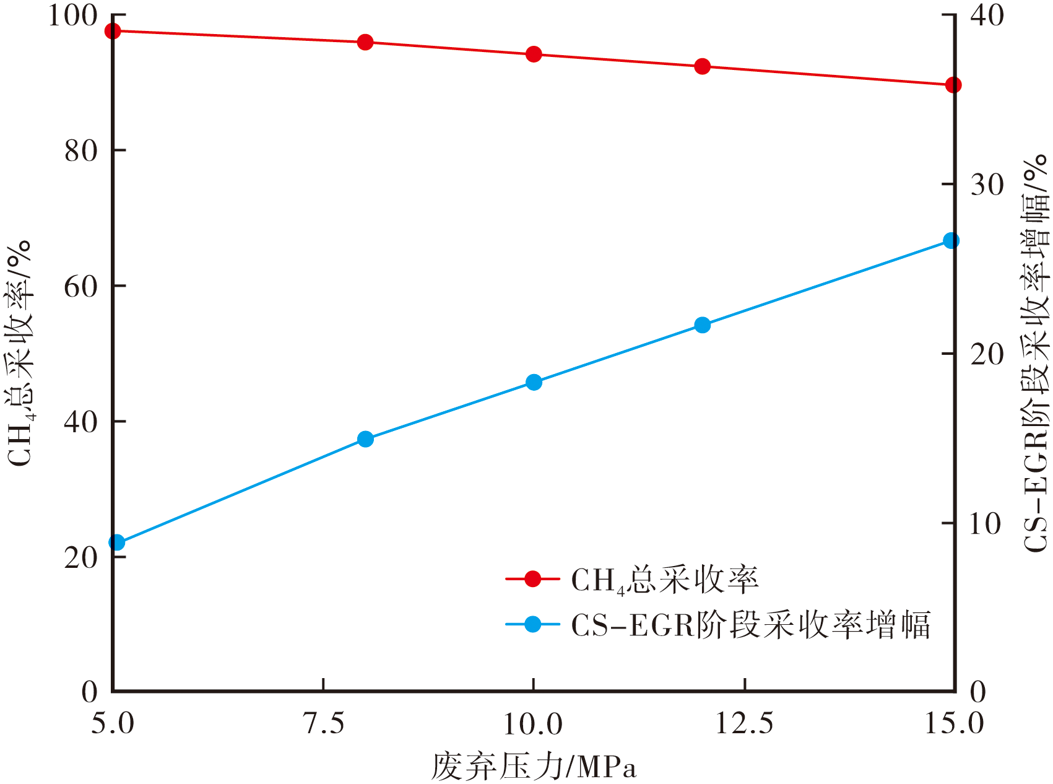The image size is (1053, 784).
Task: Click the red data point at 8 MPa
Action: [x=365, y=42]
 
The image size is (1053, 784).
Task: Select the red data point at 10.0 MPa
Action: [x=534, y=54]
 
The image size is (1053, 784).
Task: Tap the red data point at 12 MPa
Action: [x=702, y=66]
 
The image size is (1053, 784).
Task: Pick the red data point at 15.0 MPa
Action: [x=953, y=85]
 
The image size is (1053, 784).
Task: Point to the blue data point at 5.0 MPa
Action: [x=116, y=542]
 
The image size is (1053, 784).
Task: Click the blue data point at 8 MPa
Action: [x=365, y=439]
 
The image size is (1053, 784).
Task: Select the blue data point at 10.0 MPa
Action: [x=534, y=382]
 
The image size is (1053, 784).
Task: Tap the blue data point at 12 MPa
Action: [x=702, y=325]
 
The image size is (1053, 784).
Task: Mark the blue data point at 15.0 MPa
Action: [x=951, y=240]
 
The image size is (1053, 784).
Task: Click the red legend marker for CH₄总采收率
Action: [x=532, y=579]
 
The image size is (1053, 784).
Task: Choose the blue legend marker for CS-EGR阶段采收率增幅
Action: [x=532, y=624]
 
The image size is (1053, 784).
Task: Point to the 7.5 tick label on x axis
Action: [x=324, y=723]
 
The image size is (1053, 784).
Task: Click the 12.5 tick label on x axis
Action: [x=744, y=723]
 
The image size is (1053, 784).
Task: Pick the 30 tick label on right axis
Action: [x=987, y=185]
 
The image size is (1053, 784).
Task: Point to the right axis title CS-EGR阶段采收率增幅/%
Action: [x=1035, y=353]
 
